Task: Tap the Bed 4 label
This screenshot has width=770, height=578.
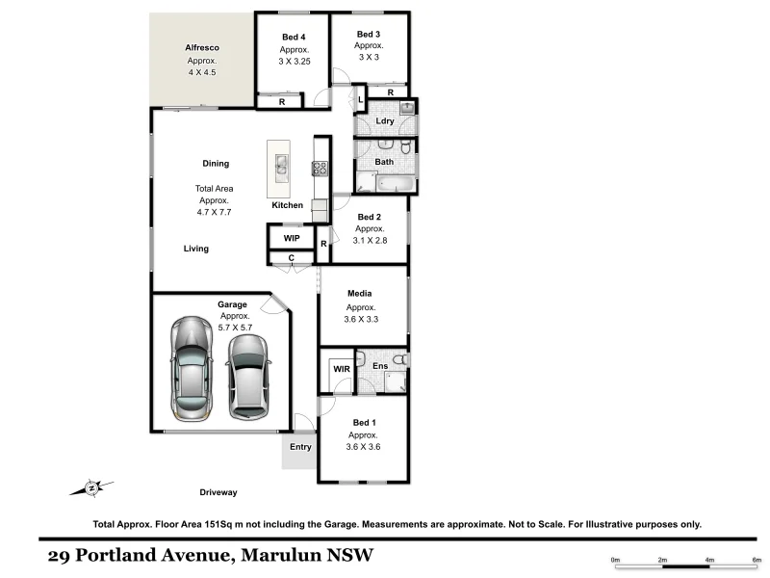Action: pos(294,38)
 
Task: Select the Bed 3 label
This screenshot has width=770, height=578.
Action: pos(369,34)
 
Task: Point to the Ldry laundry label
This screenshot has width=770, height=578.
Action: pos(384,120)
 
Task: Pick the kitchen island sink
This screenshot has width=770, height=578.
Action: pos(280,169)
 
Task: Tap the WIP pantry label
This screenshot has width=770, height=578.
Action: pos(292,237)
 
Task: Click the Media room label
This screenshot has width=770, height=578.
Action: pos(360,294)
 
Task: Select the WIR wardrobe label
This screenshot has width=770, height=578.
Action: pos(341,368)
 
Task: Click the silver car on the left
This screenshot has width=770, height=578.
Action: pos(191,365)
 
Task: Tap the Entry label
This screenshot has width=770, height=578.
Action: pos(300,446)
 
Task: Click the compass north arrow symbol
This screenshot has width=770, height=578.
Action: pos(90,487)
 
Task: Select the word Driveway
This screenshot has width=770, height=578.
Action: pos(218,492)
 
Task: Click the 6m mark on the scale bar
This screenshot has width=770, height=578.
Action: pos(757,560)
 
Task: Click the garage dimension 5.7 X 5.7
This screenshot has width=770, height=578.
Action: pos(235,328)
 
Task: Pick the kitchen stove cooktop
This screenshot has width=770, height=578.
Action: pos(320,168)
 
